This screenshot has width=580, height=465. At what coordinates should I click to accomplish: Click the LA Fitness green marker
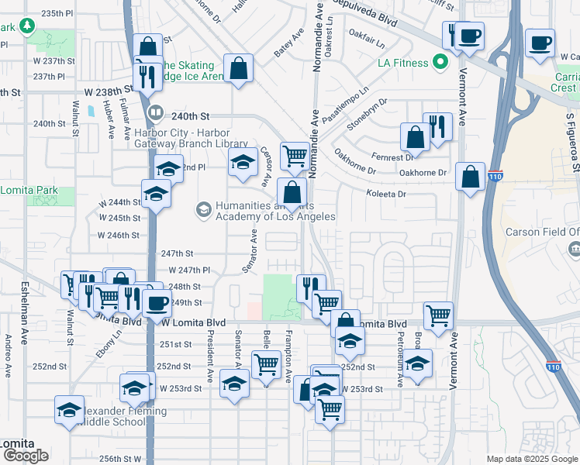click(x=441, y=62)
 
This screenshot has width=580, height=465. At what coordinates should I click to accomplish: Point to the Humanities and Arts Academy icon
click(x=203, y=209)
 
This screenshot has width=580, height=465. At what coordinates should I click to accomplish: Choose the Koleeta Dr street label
click(x=386, y=195)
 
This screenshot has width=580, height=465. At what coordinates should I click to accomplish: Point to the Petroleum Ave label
click(x=400, y=359)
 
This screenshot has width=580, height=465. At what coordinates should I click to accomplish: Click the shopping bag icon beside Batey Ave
click(x=239, y=68)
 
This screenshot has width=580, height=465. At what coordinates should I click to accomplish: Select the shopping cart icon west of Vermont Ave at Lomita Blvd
click(x=438, y=315)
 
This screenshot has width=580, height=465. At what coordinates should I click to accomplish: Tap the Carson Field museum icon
click(x=574, y=248)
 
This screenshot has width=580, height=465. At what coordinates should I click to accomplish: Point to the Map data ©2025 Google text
click(x=531, y=459)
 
